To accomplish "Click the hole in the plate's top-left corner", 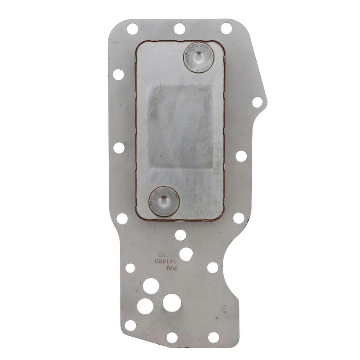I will (132, 29).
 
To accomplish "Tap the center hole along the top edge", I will (179, 29).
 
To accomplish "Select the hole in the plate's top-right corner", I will (226, 28).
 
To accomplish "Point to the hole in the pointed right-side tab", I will (257, 102).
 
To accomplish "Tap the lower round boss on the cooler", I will (164, 201).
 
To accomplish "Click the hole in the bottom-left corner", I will (130, 325).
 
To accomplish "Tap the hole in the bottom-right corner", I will (213, 337).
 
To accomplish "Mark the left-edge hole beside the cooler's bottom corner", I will (122, 218).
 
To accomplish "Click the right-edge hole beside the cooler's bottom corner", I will (238, 217).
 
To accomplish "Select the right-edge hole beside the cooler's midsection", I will (241, 156).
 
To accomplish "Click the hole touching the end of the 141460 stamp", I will (185, 254).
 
